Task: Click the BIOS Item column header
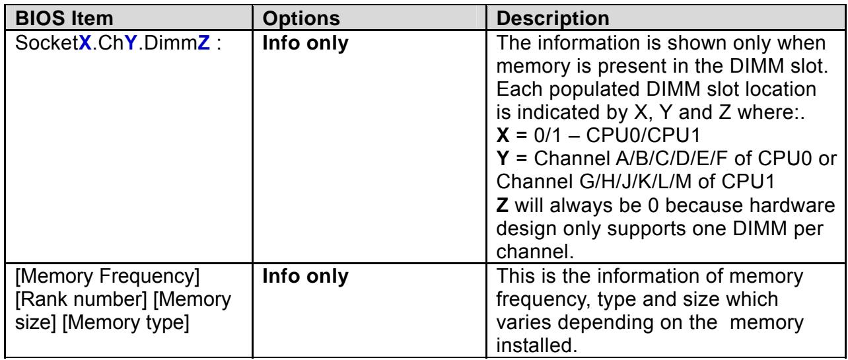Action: tap(64, 18)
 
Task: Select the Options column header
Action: tap(301, 18)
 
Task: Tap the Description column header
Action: tap(553, 18)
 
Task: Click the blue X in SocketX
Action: tap(85, 43)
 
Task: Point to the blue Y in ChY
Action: tap(131, 43)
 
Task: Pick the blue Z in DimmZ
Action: tap(203, 43)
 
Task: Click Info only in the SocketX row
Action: tap(305, 43)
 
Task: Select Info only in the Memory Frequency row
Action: tap(305, 276)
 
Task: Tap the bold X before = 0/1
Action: tap(503, 135)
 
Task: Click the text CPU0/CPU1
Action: tap(643, 135)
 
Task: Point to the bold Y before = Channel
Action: tap(503, 159)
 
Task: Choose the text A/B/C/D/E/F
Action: tap(672, 159)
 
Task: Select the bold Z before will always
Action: tap(503, 205)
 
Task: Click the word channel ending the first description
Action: tap(534, 252)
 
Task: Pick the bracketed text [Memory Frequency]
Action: tap(107, 276)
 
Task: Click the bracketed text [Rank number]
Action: tap(81, 299)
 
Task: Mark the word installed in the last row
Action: tap(536, 345)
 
